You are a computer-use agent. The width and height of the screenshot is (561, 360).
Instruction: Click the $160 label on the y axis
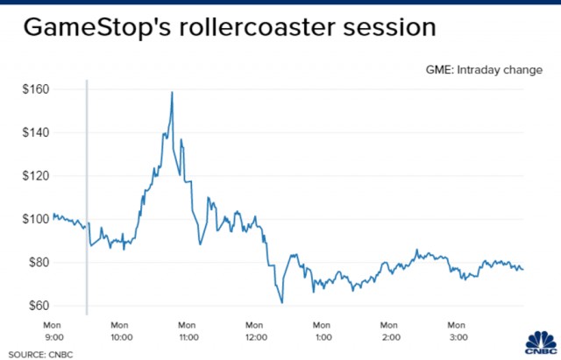[x=35, y=89]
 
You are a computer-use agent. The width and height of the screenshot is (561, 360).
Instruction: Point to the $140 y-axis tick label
[x=35, y=132]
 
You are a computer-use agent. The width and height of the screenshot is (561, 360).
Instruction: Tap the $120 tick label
[x=35, y=176]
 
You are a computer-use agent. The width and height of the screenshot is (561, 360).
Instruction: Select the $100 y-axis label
[x=35, y=219]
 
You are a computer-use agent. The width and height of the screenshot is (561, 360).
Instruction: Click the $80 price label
[x=39, y=263]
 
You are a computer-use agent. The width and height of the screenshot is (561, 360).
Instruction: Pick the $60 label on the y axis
[x=39, y=306]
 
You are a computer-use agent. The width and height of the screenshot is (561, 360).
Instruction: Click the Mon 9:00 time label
[x=53, y=331]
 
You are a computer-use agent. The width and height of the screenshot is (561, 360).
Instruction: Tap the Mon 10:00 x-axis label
[x=120, y=331]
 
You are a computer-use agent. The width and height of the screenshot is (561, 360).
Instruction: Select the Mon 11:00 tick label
[x=188, y=331]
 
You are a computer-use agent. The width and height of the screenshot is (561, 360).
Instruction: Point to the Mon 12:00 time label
[x=255, y=331]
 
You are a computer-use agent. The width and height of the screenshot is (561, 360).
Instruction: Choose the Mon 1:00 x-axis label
[x=322, y=331]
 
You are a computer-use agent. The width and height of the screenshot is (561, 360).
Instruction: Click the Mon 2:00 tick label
[x=389, y=331]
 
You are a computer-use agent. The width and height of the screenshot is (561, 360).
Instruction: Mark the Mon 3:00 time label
[x=458, y=331]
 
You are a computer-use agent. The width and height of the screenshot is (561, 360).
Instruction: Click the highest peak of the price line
[x=172, y=92]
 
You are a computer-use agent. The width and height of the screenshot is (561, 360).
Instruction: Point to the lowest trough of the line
[x=282, y=303]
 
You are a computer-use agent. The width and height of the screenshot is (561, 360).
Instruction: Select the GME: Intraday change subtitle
[x=484, y=70]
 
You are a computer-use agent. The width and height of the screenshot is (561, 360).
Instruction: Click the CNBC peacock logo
[x=542, y=342]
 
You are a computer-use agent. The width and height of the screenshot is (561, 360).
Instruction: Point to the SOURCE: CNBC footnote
[x=40, y=355]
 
